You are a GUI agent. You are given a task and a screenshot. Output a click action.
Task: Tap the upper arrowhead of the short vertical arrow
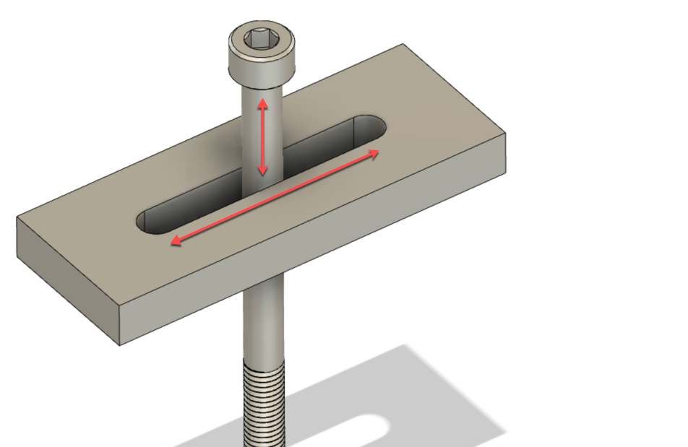[x=263, y=103]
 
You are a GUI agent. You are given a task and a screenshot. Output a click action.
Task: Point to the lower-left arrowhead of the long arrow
[x=174, y=243]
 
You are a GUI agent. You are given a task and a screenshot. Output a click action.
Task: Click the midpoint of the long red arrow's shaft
[x=274, y=197]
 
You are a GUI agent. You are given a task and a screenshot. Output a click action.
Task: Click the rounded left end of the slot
[x=145, y=220]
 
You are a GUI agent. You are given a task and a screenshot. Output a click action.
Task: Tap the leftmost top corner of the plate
[x=17, y=217]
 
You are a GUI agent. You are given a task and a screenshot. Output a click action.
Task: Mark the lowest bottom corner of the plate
[x=119, y=344]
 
